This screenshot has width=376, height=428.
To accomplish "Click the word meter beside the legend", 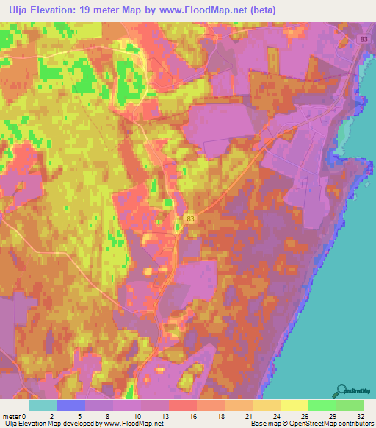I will [11, 415].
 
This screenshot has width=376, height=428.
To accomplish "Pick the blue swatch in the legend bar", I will [71, 405].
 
